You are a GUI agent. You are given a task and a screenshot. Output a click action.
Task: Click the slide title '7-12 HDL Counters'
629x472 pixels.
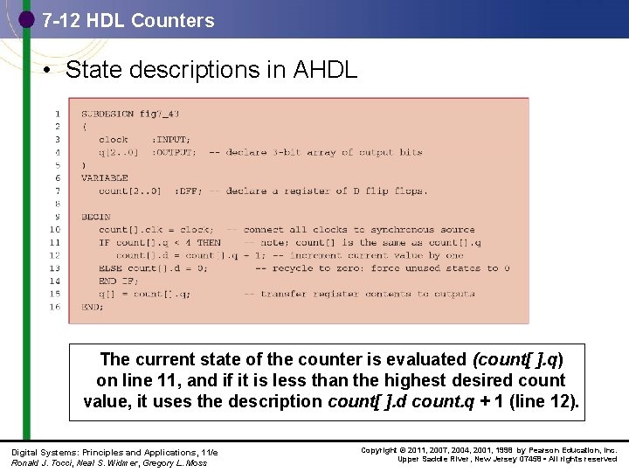pyautogui.click(x=128, y=20)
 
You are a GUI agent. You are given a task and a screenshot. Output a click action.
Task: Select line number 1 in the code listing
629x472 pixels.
pyautogui.click(x=57, y=113)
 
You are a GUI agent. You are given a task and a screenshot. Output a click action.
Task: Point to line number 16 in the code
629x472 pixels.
pyautogui.click(x=54, y=307)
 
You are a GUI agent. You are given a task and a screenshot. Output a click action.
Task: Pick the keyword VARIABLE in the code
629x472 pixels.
pyautogui.click(x=104, y=177)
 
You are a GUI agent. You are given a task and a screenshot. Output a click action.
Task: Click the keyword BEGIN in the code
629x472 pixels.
pyautogui.click(x=95, y=216)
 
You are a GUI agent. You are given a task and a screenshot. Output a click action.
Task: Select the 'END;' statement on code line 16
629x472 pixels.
pyautogui.click(x=93, y=307)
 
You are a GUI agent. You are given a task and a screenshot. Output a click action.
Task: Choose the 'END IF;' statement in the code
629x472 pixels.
pyautogui.click(x=120, y=281)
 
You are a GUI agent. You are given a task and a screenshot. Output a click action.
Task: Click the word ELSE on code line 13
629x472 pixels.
pyautogui.click(x=110, y=268)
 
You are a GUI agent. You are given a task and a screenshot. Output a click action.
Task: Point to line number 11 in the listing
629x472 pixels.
pyautogui.click(x=54, y=242)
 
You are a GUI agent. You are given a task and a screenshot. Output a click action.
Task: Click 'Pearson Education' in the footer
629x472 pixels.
pyautogui.click(x=556, y=450)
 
